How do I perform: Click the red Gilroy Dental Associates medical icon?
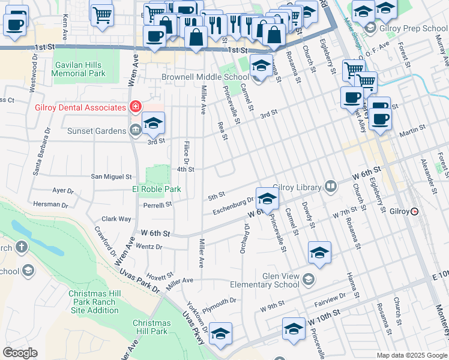click(136, 107)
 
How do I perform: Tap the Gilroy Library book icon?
click(330, 187)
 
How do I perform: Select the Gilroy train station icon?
click(414, 212)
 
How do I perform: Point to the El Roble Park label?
click(157, 189)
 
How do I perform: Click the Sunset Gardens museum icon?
click(135, 129)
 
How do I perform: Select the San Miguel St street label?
click(111, 177)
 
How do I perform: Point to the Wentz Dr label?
click(149, 247)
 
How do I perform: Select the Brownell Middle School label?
click(205, 77)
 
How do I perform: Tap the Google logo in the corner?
click(20, 353)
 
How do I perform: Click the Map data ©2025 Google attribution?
click(411, 355)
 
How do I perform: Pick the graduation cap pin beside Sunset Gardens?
click(154, 124)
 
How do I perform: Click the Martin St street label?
click(413, 128)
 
